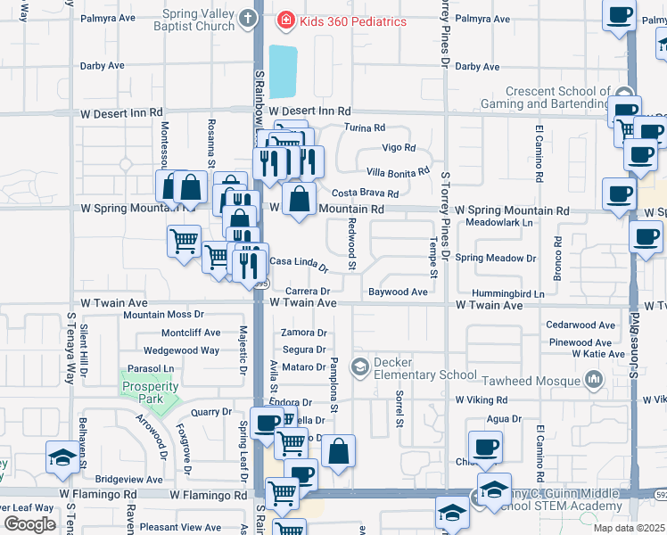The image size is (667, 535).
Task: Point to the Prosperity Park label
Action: pyautogui.click(x=150, y=391)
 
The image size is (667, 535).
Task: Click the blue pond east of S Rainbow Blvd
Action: pyautogui.click(x=281, y=71)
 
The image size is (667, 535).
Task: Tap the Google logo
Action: pyautogui.click(x=29, y=524)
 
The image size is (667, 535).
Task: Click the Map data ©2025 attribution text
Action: pyautogui.click(x=629, y=528)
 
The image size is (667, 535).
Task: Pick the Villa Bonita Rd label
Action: pyautogui.click(x=398, y=171)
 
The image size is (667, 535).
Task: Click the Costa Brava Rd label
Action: pyautogui.click(x=365, y=193)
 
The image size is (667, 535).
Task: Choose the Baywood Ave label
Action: pyautogui.click(x=398, y=292)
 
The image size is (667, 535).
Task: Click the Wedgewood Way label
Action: pyautogui.click(x=182, y=350)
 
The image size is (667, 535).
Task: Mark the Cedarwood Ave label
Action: pyautogui.click(x=581, y=325)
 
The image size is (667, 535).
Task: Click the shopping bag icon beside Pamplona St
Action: pyautogui.click(x=338, y=451)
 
